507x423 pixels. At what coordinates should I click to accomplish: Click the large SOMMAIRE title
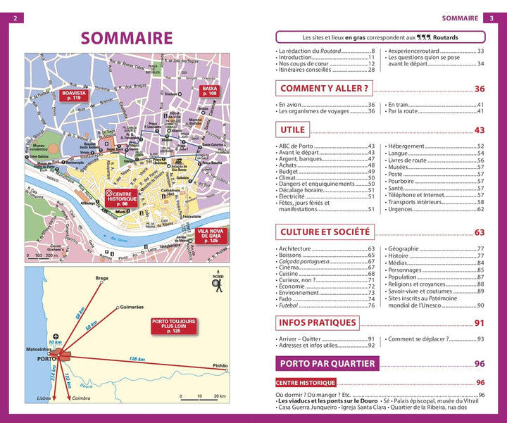126,37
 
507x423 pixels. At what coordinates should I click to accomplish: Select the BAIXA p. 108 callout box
209,91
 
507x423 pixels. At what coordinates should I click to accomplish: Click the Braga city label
102,279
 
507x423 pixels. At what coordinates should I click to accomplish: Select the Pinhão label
220,367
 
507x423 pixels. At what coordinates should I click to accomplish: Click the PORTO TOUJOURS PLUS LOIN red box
173,325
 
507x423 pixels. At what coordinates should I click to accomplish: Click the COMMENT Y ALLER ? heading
324,89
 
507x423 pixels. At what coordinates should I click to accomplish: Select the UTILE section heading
292,130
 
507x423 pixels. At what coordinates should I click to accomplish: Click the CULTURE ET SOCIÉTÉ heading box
325,232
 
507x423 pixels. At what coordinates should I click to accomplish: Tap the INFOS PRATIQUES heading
318,323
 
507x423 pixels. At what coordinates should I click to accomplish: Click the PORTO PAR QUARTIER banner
327,363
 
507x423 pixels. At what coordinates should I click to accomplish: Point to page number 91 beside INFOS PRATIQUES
480,323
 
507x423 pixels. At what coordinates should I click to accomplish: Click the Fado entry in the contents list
286,298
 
